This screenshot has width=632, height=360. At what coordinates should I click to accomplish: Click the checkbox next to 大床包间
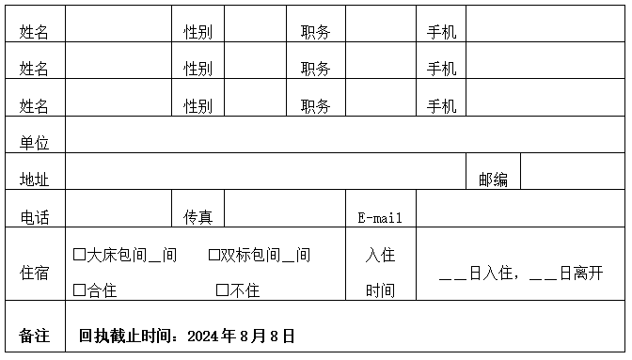pyautogui.click(x=79, y=255)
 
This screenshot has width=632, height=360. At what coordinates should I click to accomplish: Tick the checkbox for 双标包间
pyautogui.click(x=213, y=255)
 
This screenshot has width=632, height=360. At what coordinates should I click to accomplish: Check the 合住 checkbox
pyautogui.click(x=79, y=290)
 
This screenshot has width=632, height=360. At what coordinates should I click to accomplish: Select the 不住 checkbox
pyautogui.click(x=222, y=290)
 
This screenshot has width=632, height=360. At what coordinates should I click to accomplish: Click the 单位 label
pyautogui.click(x=35, y=143)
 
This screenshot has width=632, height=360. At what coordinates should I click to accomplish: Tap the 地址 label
pyautogui.click(x=35, y=180)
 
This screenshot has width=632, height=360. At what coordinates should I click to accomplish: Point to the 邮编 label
pyautogui.click(x=493, y=180)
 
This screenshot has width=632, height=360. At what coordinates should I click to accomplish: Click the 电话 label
pyautogui.click(x=35, y=217)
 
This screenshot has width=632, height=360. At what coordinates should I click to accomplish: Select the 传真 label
pyautogui.click(x=197, y=217)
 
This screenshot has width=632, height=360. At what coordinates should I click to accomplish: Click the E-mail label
pyautogui.click(x=380, y=218)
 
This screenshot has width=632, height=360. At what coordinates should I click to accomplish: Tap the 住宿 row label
pyautogui.click(x=35, y=273)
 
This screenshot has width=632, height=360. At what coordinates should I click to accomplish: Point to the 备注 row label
pyautogui.click(x=35, y=336)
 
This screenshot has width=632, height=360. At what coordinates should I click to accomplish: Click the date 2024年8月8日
pyautogui.click(x=241, y=336)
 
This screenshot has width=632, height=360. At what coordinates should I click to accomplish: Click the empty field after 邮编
pyautogui.click(x=572, y=171)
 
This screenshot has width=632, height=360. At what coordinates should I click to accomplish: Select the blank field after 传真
pyautogui.click(x=284, y=208)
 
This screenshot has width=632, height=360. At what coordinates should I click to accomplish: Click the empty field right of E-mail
pyautogui.click(x=520, y=208)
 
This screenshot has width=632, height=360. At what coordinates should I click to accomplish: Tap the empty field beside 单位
pyautogui.click(x=344, y=134)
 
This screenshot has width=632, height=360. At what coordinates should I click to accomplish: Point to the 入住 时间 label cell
pyautogui.click(x=380, y=273)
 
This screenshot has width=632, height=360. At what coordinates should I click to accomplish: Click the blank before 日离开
pyautogui.click(x=543, y=274)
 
